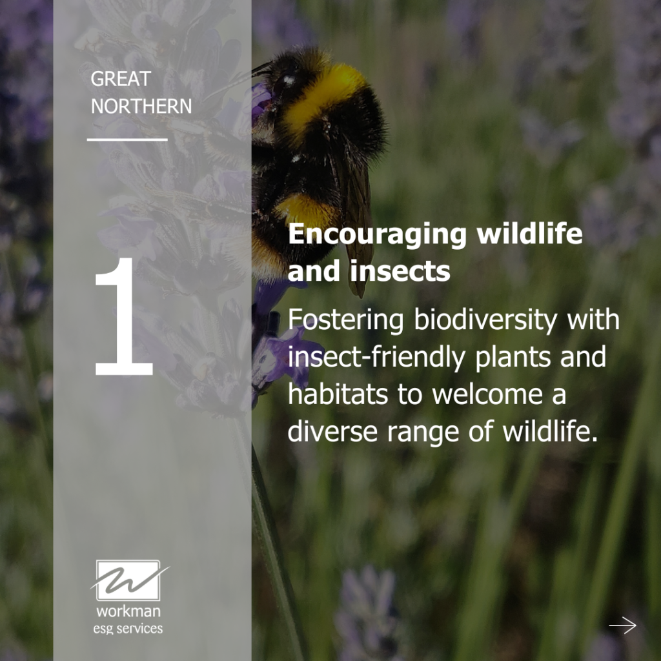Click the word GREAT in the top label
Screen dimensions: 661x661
(120, 79)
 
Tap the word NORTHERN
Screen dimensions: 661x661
(141, 106)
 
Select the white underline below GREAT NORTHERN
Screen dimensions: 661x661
(127, 139)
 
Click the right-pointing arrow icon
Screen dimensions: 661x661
(622, 625)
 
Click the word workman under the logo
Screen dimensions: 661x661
(128, 611)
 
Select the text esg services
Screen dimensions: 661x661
(128, 628)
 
